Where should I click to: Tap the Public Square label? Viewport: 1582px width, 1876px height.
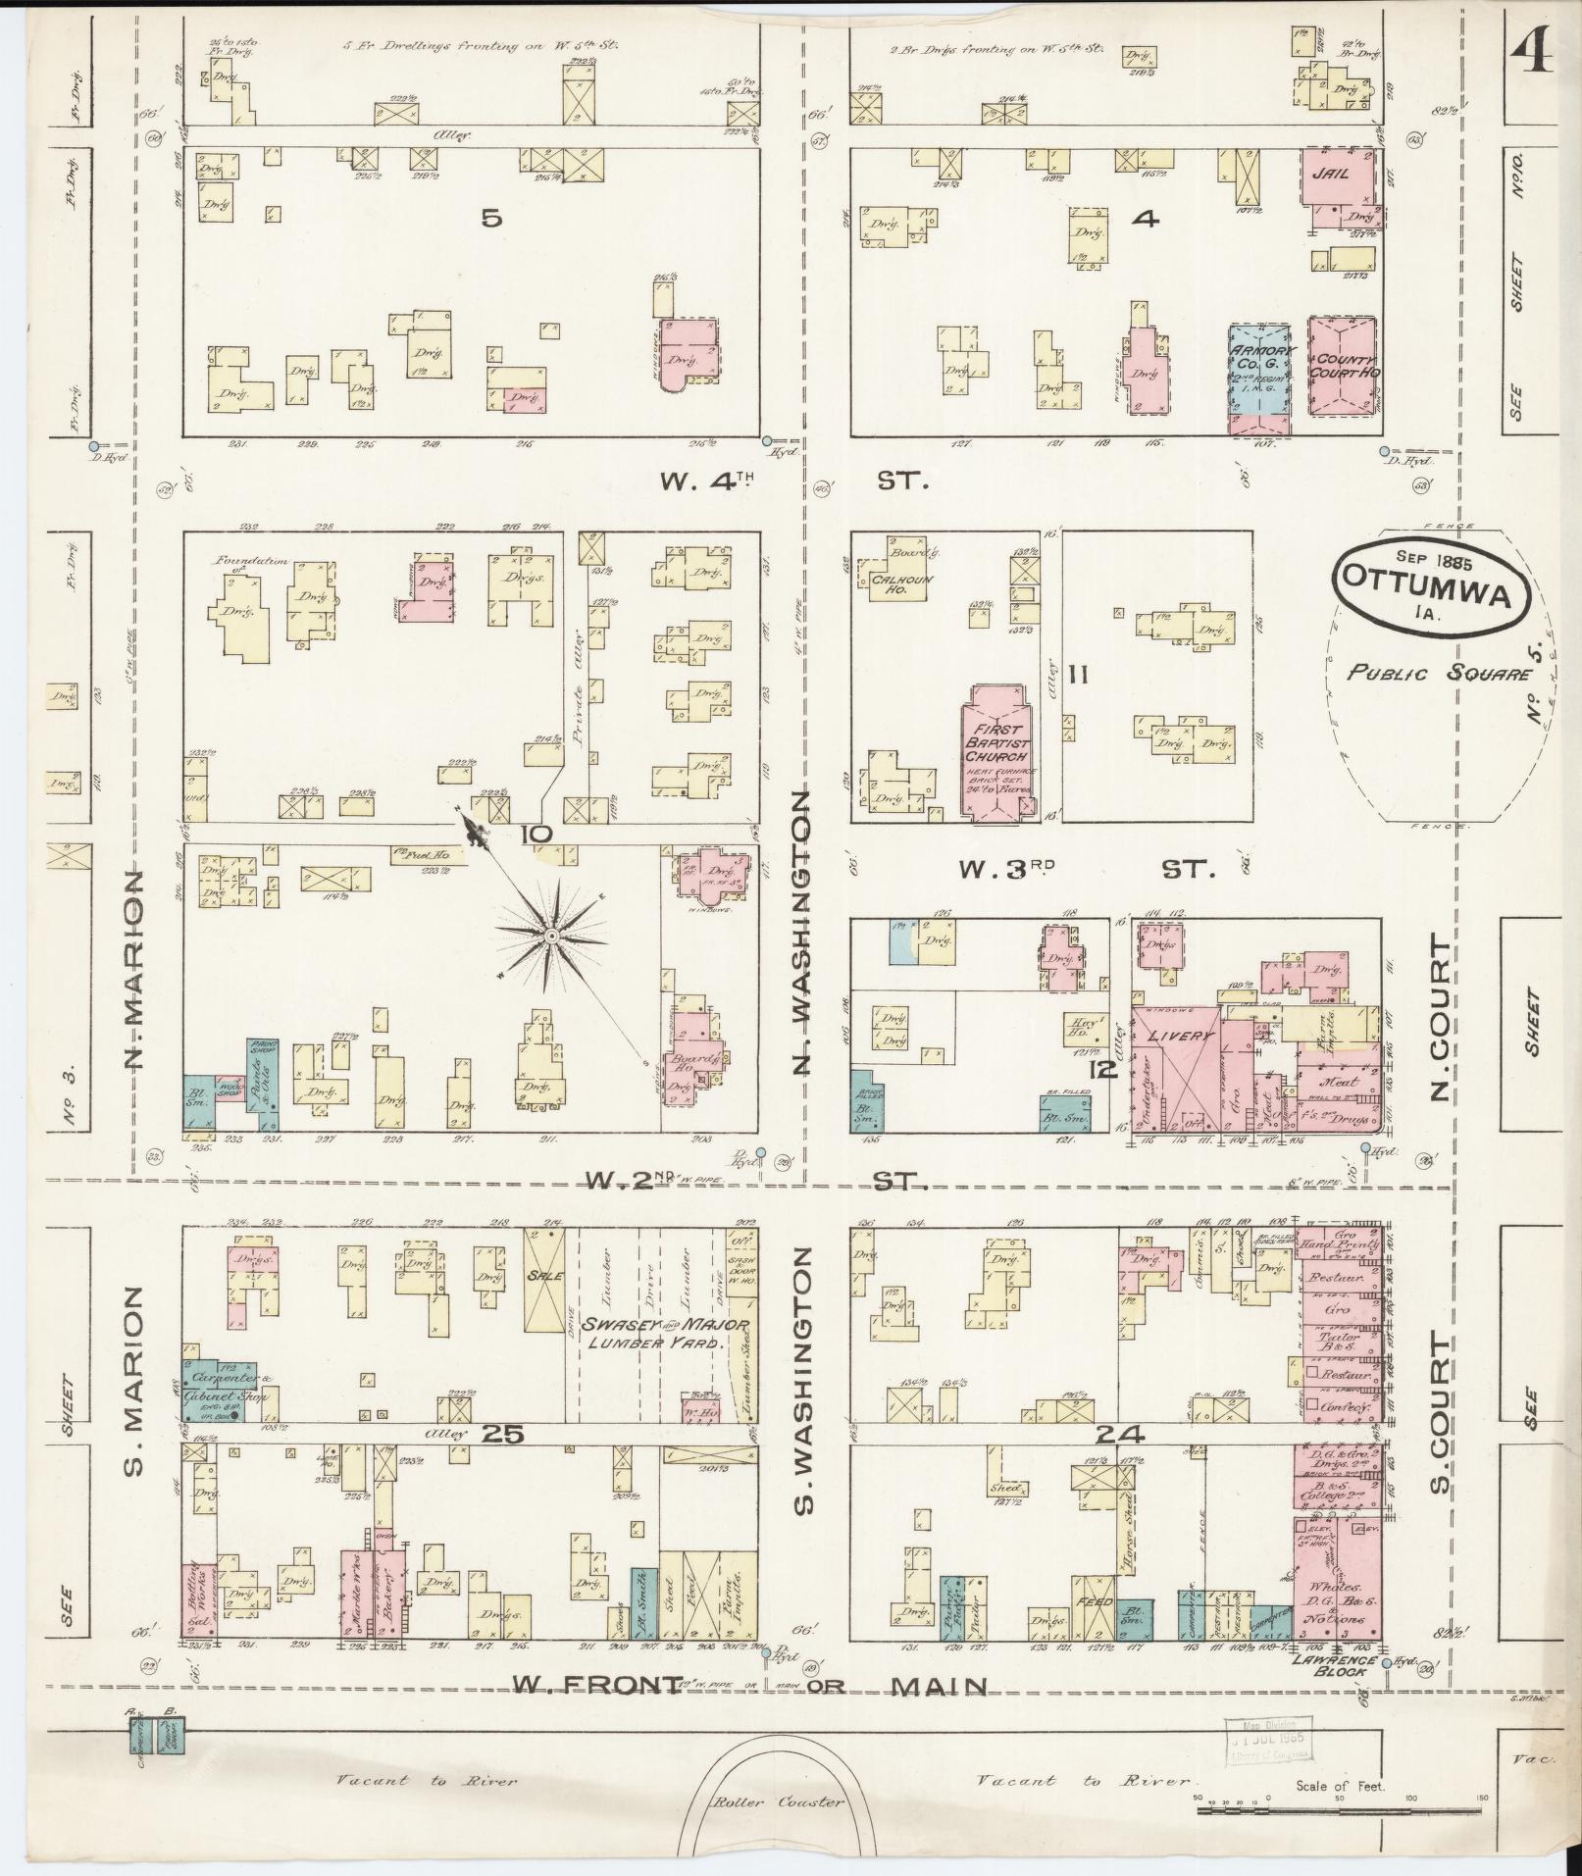coord(1438,674)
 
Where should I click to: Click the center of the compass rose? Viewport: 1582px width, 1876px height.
coord(551,938)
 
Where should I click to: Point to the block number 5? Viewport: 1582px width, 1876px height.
coord(491,219)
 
